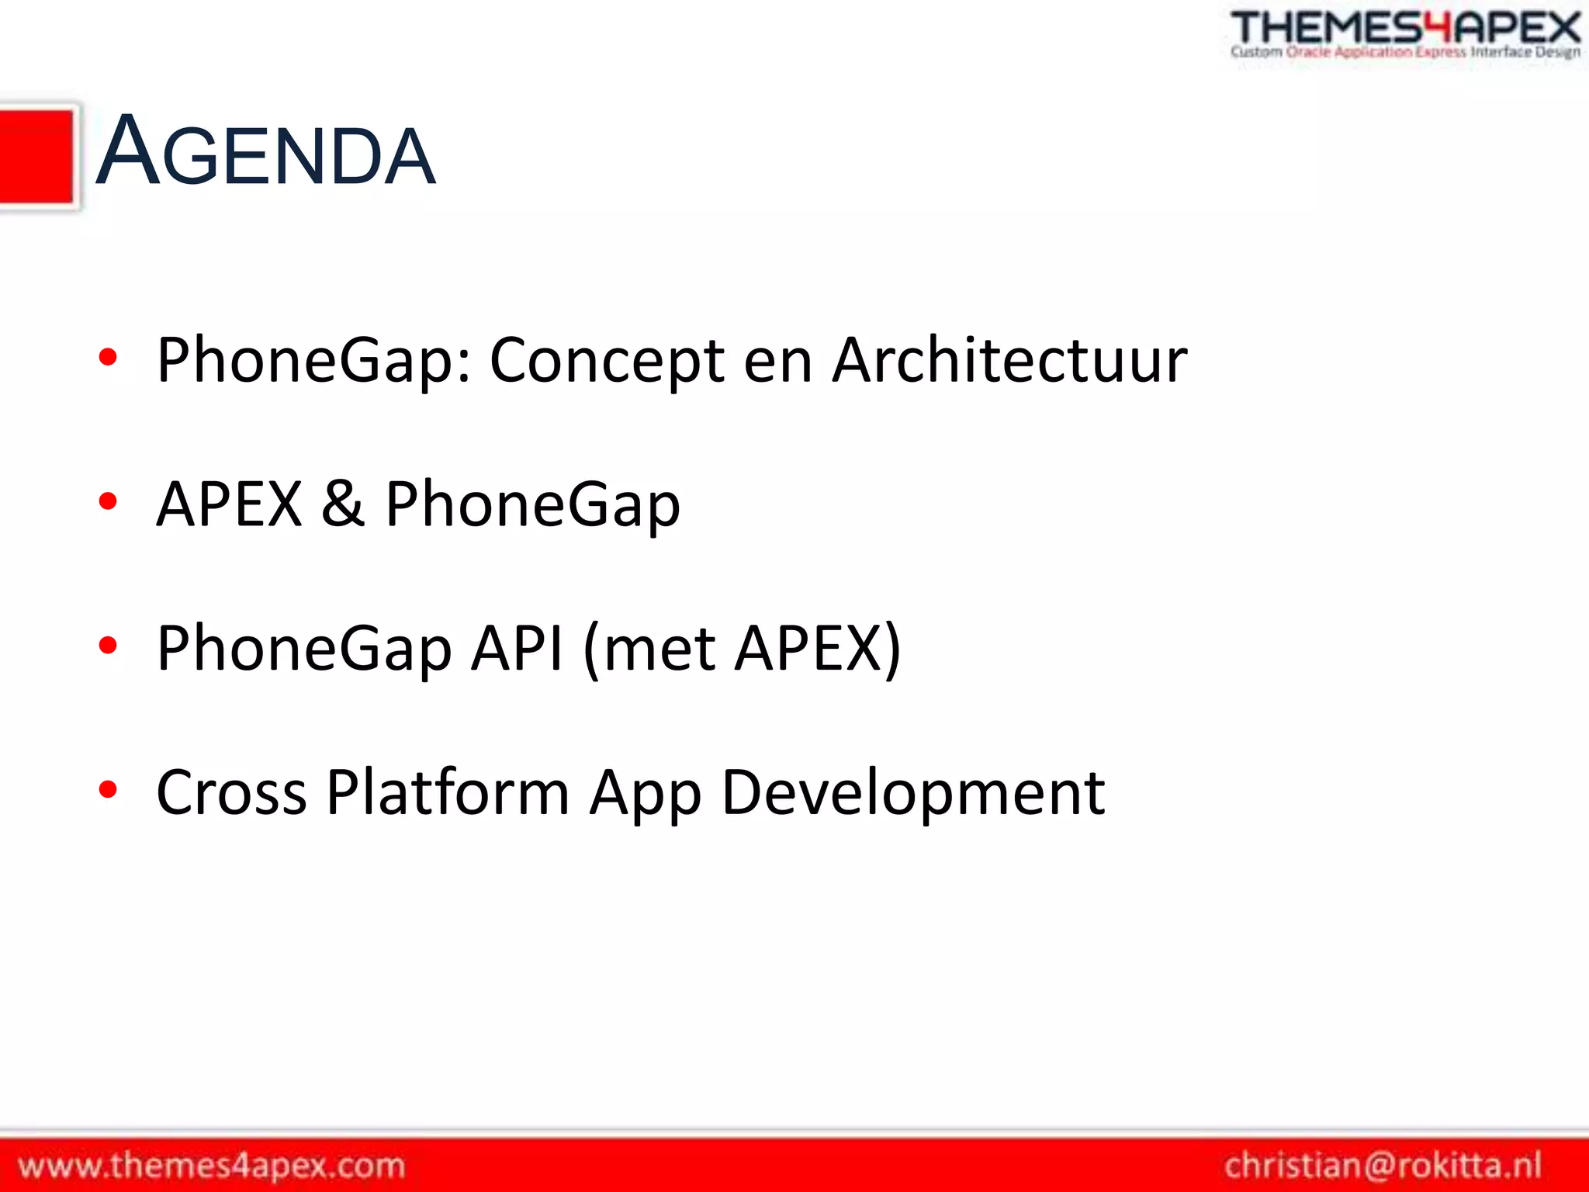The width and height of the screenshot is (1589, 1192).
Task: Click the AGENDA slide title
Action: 265,152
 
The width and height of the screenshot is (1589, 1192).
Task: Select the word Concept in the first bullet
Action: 608,361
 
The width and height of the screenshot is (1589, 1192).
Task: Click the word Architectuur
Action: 1009,361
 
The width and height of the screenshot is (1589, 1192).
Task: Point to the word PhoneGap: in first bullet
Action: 313,361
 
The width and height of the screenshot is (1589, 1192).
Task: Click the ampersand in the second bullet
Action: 343,504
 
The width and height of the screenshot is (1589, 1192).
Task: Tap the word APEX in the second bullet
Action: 229,504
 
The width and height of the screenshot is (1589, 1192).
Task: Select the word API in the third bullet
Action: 517,648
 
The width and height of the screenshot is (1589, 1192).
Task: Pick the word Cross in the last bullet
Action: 231,792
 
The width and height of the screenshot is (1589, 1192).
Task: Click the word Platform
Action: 448,792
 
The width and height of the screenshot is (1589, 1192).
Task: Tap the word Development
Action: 912,792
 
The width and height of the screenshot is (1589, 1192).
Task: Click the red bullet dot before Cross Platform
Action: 108,790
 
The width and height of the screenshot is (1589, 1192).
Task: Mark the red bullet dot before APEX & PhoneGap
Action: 108,501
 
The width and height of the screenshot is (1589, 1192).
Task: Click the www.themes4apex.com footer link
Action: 211,1166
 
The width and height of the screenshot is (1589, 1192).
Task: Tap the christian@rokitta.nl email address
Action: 1382,1166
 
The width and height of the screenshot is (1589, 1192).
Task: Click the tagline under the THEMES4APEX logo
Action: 1405,53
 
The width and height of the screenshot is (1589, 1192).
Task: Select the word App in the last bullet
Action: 646,792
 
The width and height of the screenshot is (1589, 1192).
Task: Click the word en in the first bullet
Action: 777,361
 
